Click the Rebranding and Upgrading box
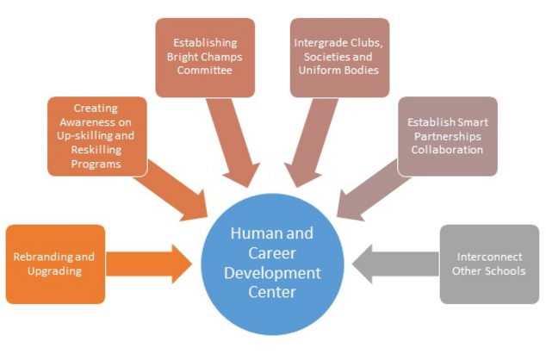pos(55,264)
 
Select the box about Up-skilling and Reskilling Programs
pos(96,136)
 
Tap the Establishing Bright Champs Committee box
pos(204,57)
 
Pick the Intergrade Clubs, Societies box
pos(339,57)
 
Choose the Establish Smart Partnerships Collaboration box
pos(447,136)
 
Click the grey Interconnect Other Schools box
pos(489,264)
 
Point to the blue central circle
pos(273,263)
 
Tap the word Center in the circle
pos(272,292)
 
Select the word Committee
pos(204,70)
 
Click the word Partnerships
pos(447,136)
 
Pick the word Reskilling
pos(96,151)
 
